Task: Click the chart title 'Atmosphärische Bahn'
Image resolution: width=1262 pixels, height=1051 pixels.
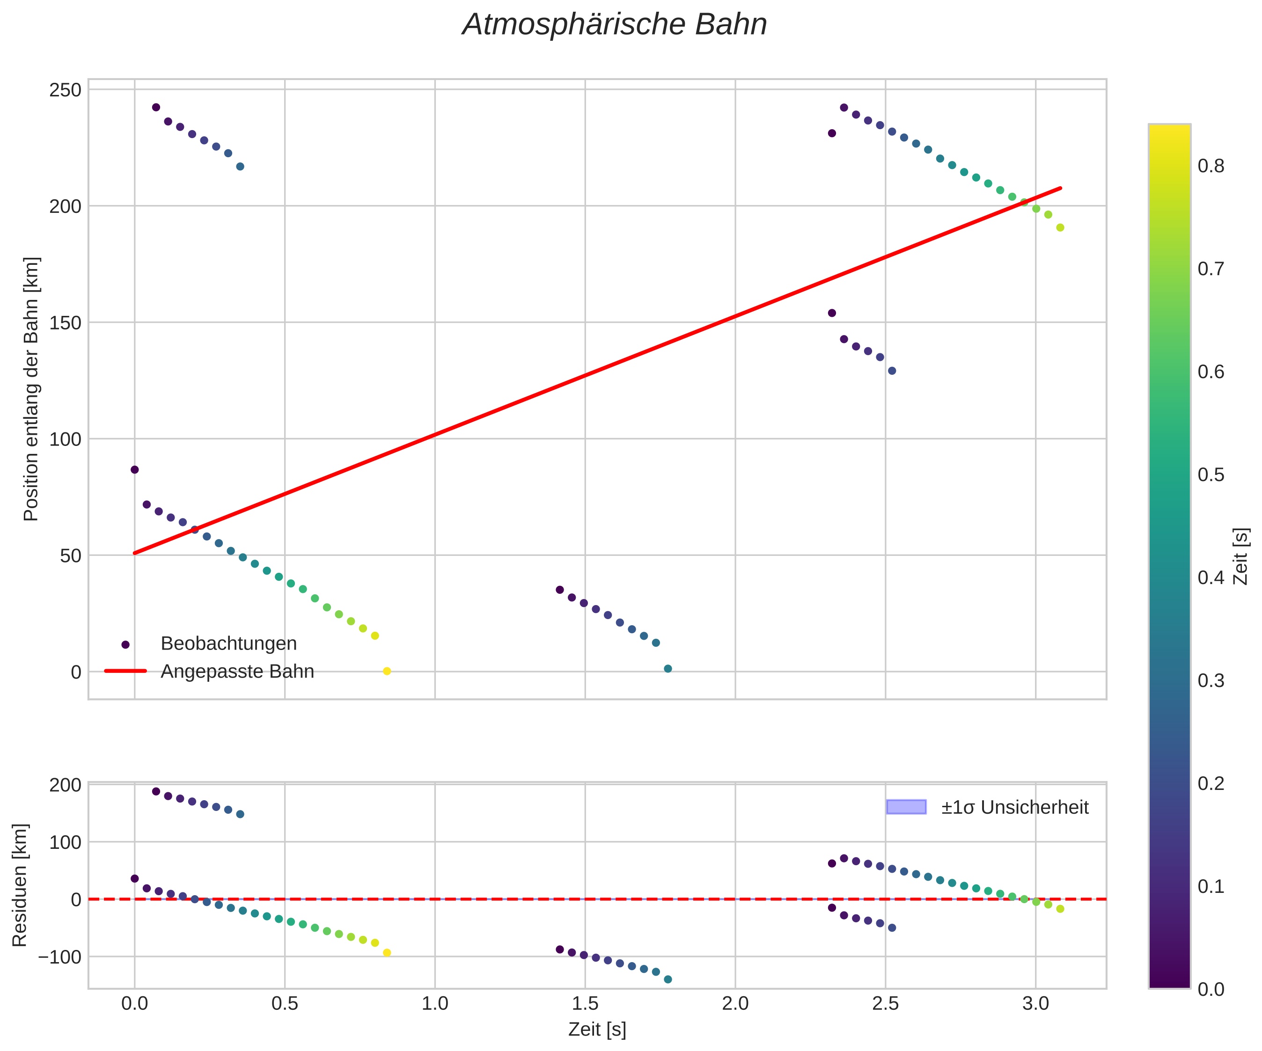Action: (x=614, y=25)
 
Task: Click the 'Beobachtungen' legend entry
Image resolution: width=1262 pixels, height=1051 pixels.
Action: (x=228, y=643)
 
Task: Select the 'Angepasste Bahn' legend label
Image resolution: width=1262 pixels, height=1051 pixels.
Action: (x=237, y=671)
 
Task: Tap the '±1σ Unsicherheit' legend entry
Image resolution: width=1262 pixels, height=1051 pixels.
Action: (x=1015, y=807)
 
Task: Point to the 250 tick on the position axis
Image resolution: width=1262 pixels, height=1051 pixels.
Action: (x=66, y=90)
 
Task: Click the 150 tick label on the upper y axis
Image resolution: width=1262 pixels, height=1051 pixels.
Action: (x=66, y=323)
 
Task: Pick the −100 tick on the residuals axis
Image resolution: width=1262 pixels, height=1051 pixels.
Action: (x=59, y=956)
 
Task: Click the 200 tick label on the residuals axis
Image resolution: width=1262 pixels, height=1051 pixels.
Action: (x=66, y=785)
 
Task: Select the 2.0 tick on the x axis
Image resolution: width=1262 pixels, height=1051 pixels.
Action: (x=735, y=1003)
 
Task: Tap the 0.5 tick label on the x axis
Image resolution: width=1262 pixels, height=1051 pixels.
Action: (x=285, y=1003)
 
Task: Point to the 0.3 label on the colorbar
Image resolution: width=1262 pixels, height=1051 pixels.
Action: (x=1211, y=680)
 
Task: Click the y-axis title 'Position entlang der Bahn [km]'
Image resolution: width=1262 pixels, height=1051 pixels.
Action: (x=31, y=389)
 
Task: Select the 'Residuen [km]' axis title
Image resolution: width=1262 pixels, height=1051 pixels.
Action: (x=20, y=885)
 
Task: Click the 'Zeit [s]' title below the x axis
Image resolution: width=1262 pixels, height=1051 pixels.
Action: (x=597, y=1029)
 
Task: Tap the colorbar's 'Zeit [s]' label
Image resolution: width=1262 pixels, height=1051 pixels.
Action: (x=1241, y=556)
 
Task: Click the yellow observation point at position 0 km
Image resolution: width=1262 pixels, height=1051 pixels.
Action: (x=387, y=671)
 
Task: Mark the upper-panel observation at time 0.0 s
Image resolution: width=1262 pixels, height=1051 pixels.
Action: (x=135, y=469)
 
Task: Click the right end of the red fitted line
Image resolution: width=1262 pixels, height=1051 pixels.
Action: (x=1061, y=188)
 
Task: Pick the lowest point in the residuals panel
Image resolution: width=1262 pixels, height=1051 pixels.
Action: (x=668, y=979)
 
